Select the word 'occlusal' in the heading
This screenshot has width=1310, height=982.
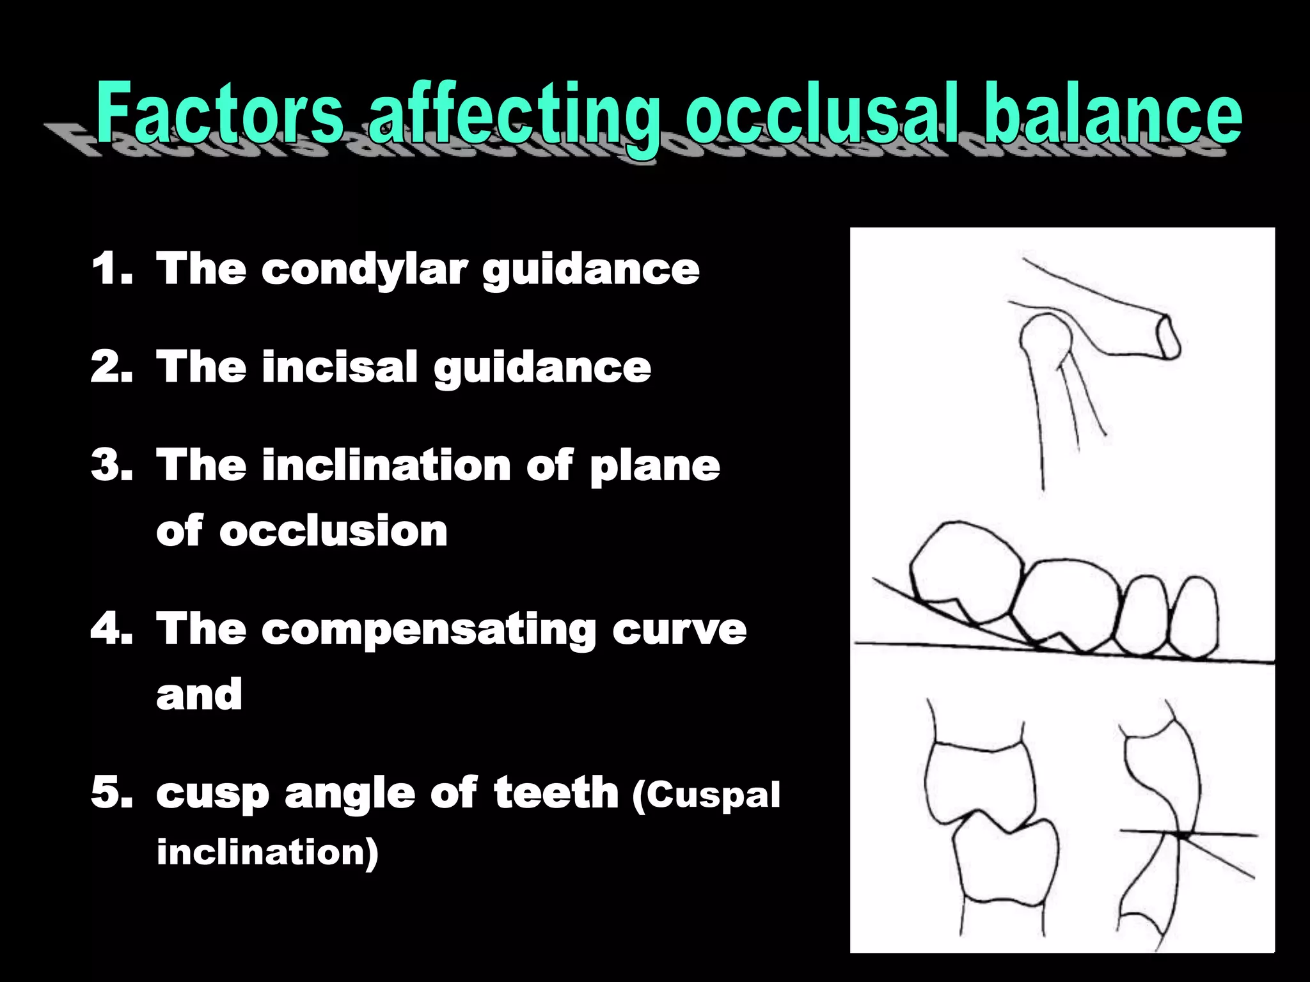coord(825,113)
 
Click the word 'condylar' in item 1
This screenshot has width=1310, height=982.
coord(363,269)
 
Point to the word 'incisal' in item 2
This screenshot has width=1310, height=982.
coord(339,368)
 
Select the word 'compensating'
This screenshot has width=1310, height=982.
coord(428,630)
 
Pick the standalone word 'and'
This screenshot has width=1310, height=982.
coord(199,695)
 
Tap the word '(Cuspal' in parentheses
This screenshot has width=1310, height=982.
coord(706,796)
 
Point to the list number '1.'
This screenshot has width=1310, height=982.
coord(111,269)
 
